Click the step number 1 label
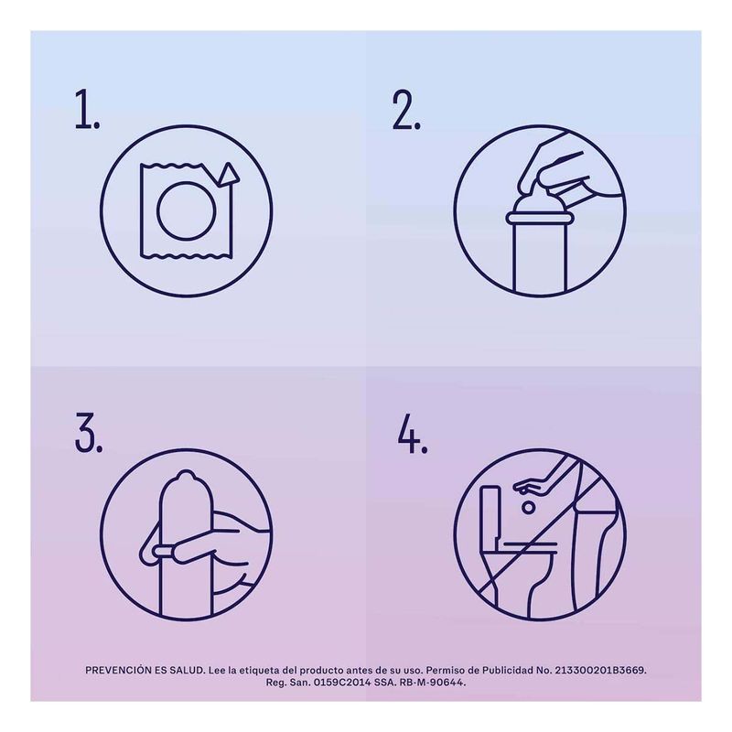(87, 109)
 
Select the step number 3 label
(88, 432)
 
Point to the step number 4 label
(413, 433)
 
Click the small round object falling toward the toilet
(528, 507)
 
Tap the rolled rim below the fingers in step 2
(540, 218)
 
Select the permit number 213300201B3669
(600, 671)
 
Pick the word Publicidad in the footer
(508, 671)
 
